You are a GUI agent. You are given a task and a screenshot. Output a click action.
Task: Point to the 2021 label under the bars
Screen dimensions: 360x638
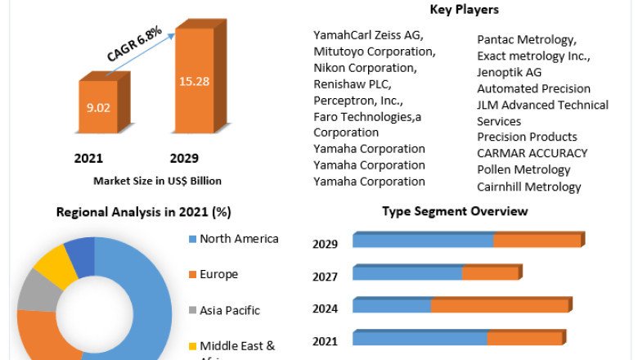pyautogui.click(x=88, y=158)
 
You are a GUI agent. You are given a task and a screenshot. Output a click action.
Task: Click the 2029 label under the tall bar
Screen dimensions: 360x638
pyautogui.click(x=184, y=158)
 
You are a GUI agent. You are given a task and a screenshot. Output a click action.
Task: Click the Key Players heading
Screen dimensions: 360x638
pyautogui.click(x=464, y=10)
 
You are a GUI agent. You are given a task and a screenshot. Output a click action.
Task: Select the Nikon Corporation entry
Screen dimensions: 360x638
pyautogui.click(x=364, y=67)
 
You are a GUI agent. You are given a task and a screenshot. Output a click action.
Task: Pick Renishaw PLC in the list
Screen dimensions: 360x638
pyautogui.click(x=353, y=83)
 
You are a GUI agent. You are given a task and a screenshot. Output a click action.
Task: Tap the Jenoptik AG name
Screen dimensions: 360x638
pyautogui.click(x=510, y=72)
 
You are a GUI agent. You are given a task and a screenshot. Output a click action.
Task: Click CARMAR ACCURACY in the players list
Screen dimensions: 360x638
pyautogui.click(x=532, y=153)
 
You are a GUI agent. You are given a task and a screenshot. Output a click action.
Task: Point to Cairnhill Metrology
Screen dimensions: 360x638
pyautogui.click(x=529, y=187)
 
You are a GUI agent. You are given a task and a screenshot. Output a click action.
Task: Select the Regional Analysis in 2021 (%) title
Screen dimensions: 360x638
pyautogui.click(x=143, y=212)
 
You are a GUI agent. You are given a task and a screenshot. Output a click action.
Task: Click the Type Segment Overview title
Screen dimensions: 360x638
pyautogui.click(x=455, y=211)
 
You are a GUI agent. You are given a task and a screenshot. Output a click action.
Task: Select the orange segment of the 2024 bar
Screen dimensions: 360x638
pyautogui.click(x=500, y=305)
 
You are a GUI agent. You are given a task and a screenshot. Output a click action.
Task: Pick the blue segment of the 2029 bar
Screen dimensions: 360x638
pyautogui.click(x=422, y=241)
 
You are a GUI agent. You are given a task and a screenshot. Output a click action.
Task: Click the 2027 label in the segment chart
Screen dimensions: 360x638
pyautogui.click(x=325, y=277)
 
